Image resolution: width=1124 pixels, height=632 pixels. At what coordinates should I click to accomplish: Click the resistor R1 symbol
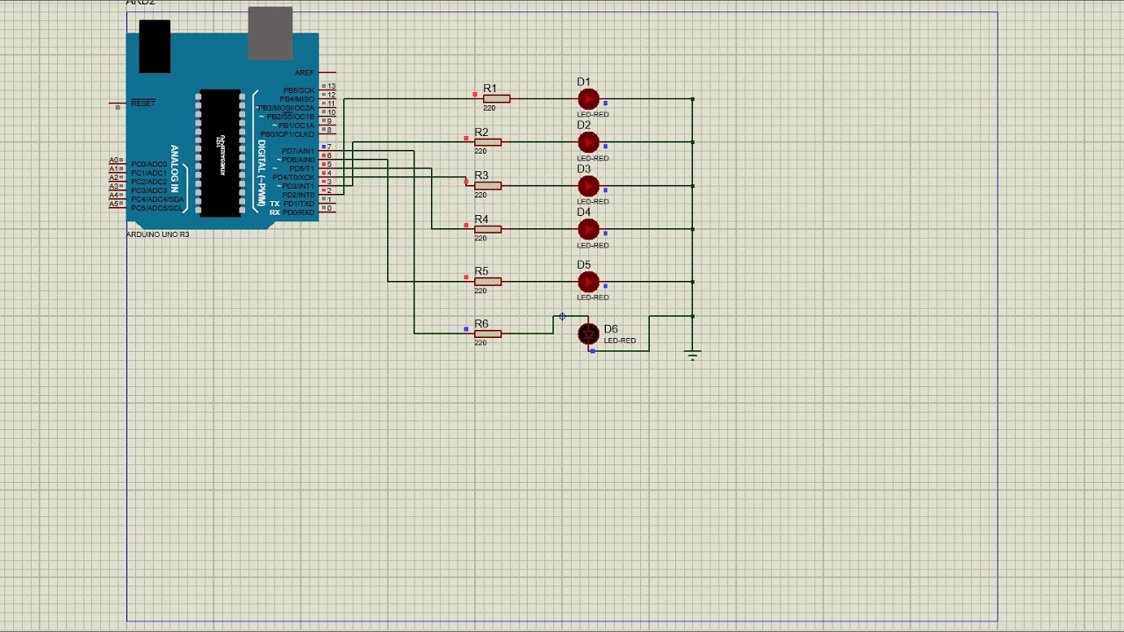[x=496, y=98]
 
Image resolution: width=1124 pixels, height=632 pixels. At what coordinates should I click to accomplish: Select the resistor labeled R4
[x=487, y=229]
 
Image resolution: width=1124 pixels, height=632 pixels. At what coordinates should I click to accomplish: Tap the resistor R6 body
[x=487, y=334]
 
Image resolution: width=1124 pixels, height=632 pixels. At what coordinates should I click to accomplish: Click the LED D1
[x=588, y=99]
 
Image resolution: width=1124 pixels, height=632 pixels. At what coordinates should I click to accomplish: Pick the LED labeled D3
[x=588, y=186]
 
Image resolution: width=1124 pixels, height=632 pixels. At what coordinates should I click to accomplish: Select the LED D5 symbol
[x=588, y=282]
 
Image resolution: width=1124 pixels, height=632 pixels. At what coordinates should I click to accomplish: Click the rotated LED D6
[x=588, y=334]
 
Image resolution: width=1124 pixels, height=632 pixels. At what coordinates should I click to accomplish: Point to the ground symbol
[x=693, y=355]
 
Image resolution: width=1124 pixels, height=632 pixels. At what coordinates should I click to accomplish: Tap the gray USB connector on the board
[x=270, y=32]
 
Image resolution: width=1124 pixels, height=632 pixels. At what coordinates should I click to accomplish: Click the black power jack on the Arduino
[x=155, y=46]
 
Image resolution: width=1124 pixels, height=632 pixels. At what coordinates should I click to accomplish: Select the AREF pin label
[x=304, y=73]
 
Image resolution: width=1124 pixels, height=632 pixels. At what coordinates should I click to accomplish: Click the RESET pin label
[x=143, y=104]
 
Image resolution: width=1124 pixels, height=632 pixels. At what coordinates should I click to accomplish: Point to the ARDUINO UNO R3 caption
[x=158, y=235]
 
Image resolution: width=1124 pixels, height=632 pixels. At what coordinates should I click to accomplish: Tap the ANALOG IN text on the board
[x=175, y=169]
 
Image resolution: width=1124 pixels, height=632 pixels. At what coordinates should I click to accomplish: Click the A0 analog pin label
[x=114, y=161]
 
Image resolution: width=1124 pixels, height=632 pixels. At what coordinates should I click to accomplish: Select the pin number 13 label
[x=331, y=87]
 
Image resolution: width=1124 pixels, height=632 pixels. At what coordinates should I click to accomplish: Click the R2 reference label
[x=481, y=133]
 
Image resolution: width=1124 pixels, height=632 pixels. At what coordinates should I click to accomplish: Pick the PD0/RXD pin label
[x=298, y=212]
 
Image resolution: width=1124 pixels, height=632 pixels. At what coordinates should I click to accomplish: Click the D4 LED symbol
[x=588, y=229]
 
